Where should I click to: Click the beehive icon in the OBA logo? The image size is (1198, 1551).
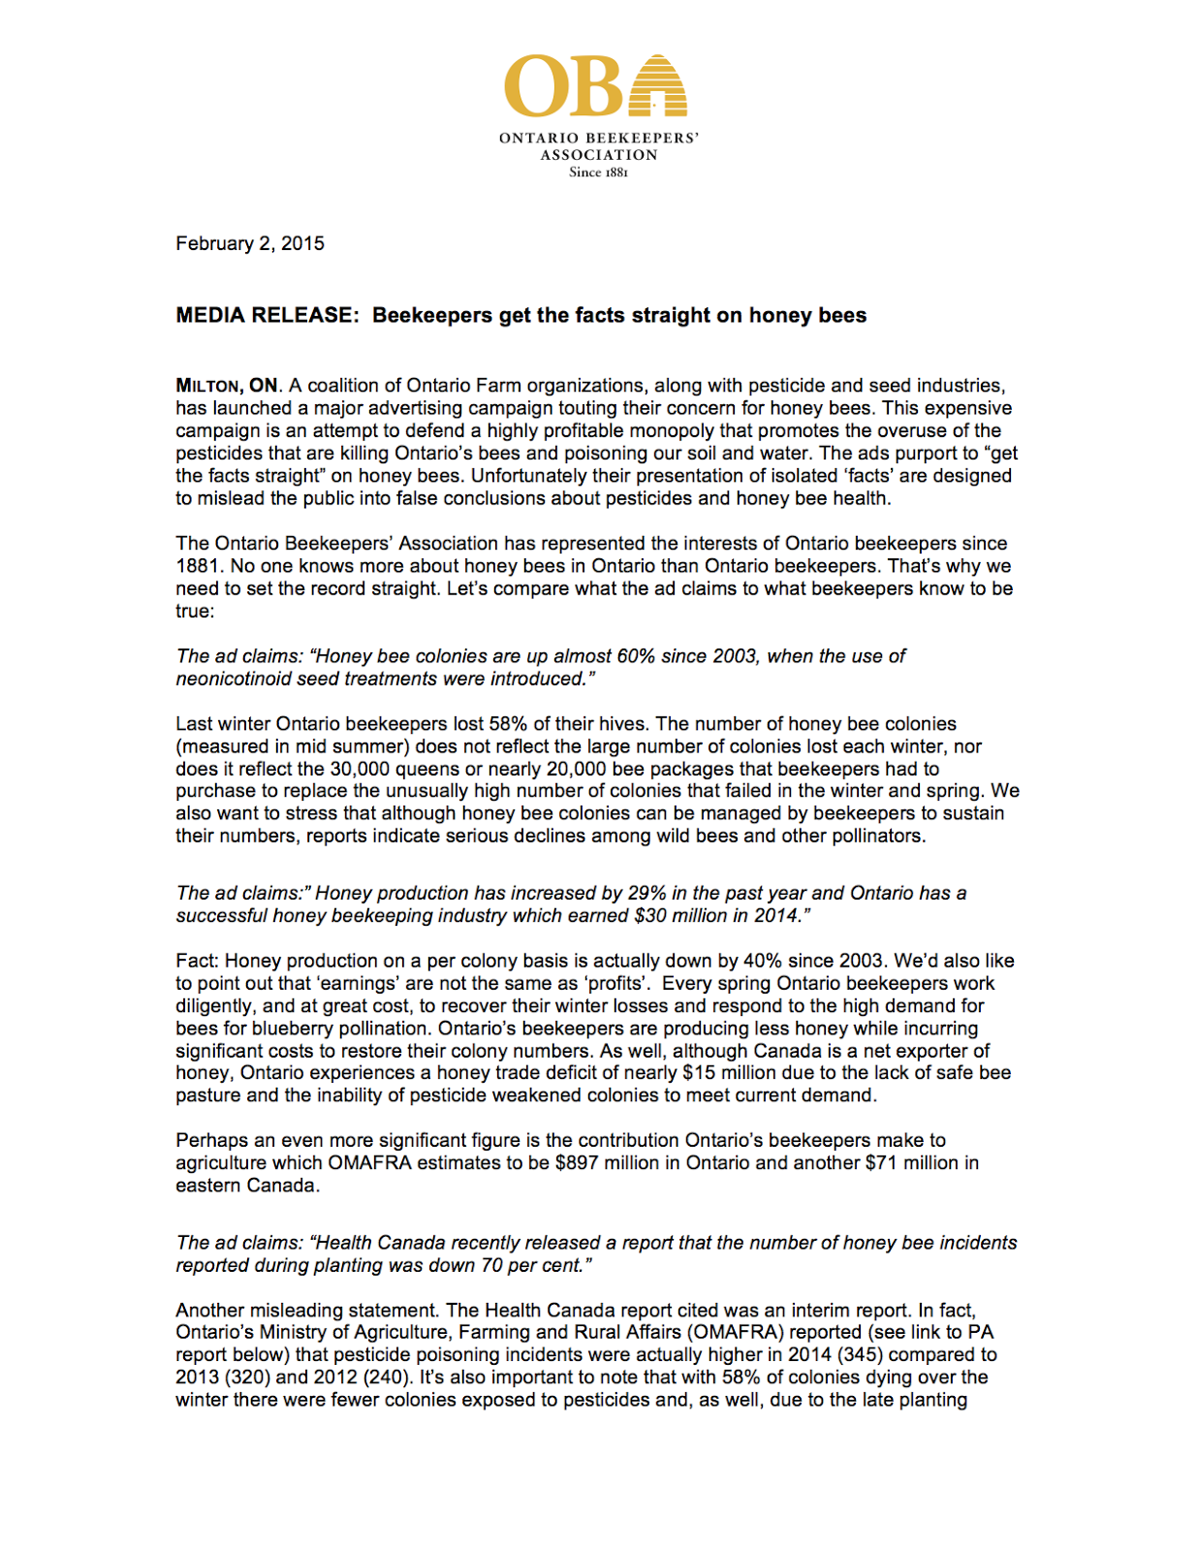658,85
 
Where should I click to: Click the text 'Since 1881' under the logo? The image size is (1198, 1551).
598,173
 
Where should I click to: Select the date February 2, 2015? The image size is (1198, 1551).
250,243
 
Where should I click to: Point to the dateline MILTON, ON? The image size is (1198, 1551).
227,386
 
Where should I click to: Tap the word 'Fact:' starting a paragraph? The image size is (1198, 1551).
198,961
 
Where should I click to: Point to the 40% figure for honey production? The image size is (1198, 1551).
764,961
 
